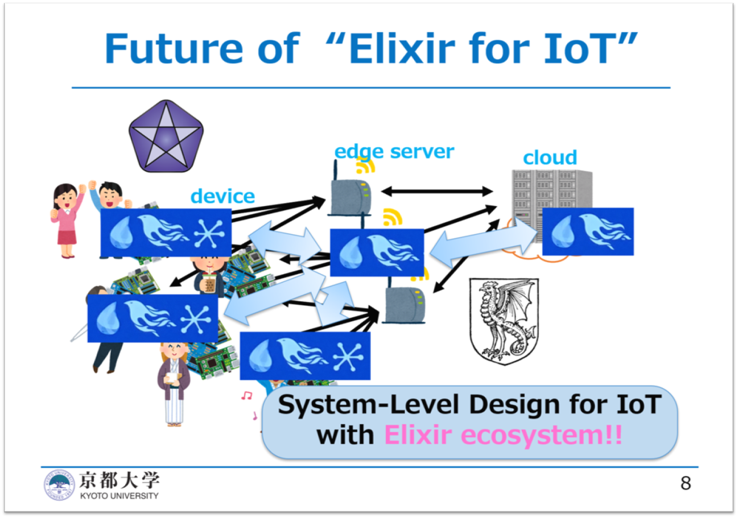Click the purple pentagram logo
[x=166, y=136]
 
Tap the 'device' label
[x=222, y=196]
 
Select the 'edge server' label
[x=394, y=152]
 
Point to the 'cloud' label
[x=550, y=158]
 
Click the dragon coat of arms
[x=504, y=321]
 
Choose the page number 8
[x=686, y=483]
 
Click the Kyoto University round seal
[x=59, y=485]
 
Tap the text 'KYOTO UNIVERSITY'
[x=119, y=496]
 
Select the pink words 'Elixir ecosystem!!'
[x=503, y=435]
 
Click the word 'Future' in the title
[x=174, y=48]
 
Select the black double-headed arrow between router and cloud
[x=437, y=191]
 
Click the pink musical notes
[x=249, y=405]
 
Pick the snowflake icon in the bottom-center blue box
[x=348, y=357]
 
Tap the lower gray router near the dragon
[x=405, y=305]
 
